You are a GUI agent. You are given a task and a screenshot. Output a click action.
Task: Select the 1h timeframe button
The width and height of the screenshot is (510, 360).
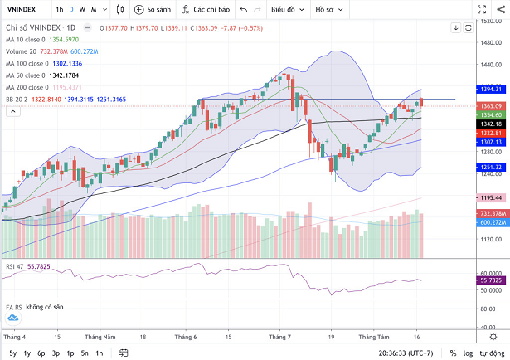60,9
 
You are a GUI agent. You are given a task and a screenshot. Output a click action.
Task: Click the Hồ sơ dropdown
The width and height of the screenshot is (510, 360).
330,9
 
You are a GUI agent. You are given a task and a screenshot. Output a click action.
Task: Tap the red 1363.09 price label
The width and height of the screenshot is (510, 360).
489,106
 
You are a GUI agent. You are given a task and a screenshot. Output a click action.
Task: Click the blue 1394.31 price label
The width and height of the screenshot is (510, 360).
489,89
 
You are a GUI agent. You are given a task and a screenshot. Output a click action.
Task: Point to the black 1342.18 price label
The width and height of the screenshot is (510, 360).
489,124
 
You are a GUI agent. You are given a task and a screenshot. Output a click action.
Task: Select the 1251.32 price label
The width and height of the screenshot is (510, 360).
489,166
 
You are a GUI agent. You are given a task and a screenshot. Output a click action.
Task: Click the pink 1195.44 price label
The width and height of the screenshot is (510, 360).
489,197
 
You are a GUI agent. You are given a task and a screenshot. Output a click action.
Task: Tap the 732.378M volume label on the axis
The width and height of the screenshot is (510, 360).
489,213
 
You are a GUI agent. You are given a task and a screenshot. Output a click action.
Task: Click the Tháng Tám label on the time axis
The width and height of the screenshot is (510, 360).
373,338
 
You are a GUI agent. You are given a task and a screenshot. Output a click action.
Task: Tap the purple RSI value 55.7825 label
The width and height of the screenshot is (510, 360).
489,281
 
